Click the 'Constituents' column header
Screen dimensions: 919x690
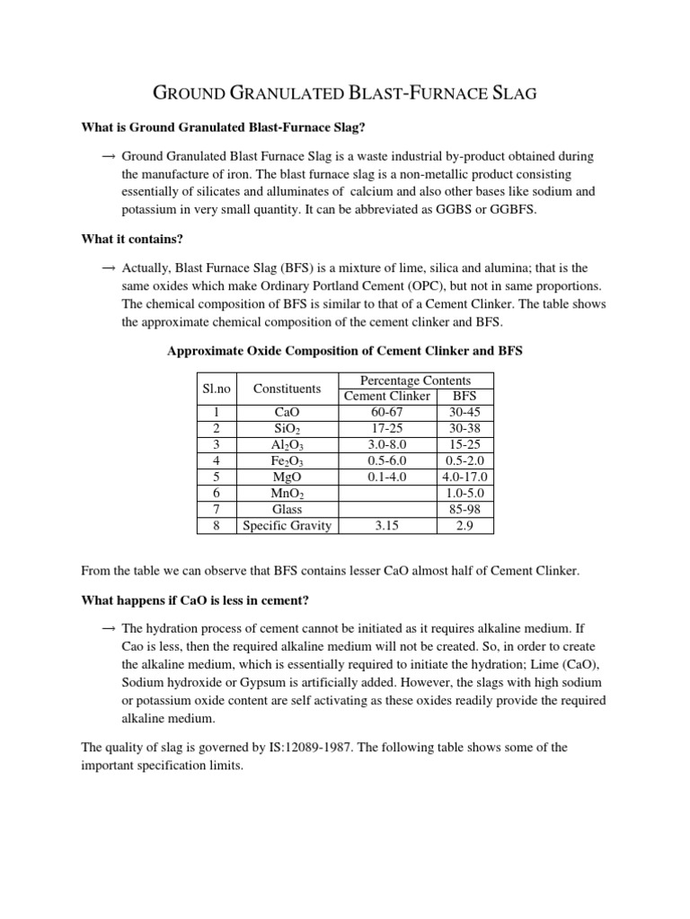[x=287, y=389]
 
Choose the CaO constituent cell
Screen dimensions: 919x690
[x=287, y=412]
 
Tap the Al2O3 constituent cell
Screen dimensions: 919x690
[x=287, y=444]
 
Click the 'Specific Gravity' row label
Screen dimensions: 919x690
[x=287, y=525]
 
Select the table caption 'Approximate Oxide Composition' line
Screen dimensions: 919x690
[x=345, y=352]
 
